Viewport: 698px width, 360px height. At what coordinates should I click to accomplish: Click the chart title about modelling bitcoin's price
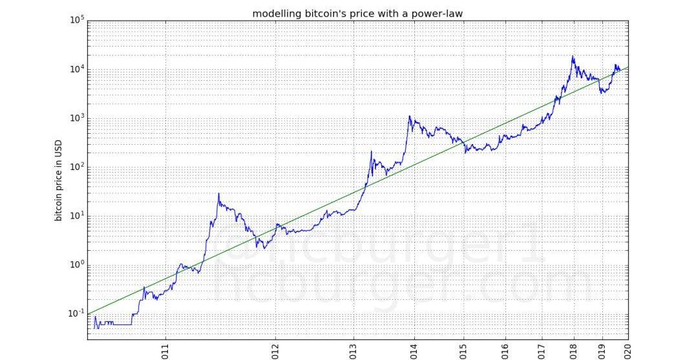(357, 13)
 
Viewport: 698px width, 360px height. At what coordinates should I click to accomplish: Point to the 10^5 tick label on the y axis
(77, 20)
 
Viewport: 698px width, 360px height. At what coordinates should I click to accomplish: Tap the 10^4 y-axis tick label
(77, 69)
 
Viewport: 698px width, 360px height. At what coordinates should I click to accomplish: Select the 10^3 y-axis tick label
(77, 118)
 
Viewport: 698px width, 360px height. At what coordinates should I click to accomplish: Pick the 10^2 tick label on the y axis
(77, 167)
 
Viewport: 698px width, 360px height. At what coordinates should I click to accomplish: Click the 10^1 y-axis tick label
(77, 215)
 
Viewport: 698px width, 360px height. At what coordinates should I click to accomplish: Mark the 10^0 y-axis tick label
(77, 264)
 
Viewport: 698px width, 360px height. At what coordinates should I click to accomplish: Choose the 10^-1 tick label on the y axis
(76, 313)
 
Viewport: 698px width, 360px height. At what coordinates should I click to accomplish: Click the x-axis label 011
(166, 350)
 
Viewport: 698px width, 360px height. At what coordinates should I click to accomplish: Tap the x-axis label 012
(276, 350)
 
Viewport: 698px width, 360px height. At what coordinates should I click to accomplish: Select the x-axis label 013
(354, 350)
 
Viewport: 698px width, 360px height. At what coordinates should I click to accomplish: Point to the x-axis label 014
(414, 350)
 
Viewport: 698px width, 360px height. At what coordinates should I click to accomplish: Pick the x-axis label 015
(463, 350)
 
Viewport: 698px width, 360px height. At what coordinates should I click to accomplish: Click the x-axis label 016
(505, 350)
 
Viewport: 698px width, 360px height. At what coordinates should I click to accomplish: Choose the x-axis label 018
(573, 350)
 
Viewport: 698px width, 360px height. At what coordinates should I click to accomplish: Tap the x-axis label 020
(626, 350)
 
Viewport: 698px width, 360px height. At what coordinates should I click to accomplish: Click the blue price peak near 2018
(573, 56)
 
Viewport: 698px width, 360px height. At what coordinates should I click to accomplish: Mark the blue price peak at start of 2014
(409, 116)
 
